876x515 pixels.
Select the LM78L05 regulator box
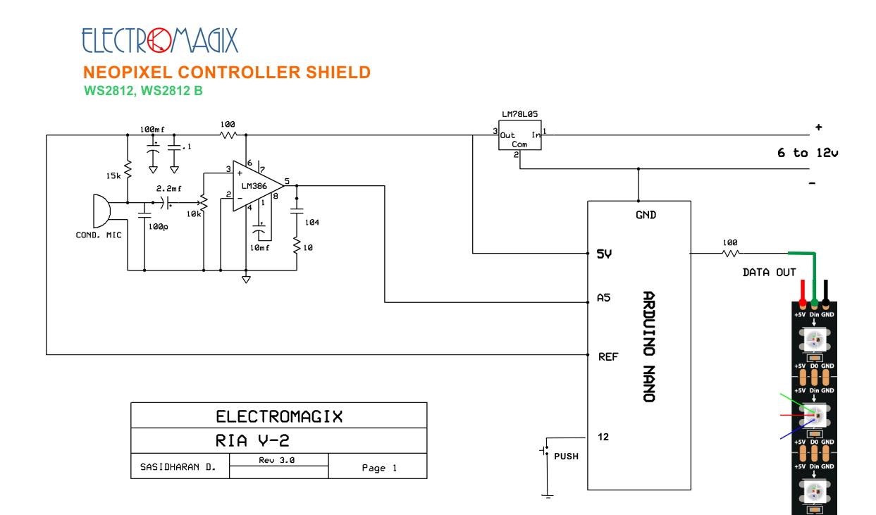coord(519,135)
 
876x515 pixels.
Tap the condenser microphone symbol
coord(101,211)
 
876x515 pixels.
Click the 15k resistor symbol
coord(128,170)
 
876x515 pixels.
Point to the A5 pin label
coord(603,298)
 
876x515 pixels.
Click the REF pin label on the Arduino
coord(608,356)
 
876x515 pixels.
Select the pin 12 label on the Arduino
coord(603,437)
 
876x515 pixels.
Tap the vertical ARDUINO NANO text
coord(649,347)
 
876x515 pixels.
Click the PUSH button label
coord(566,457)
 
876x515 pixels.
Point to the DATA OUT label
coord(769,272)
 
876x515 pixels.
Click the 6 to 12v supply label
coord(808,152)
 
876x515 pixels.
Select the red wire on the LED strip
coord(803,292)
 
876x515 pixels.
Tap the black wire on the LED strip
coord(825,292)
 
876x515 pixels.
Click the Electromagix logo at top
coord(159,40)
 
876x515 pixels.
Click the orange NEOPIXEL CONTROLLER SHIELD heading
coord(227,73)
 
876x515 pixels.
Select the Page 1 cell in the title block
coord(378,466)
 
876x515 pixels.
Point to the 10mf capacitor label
coord(259,247)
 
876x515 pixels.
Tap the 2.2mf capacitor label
coord(169,189)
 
